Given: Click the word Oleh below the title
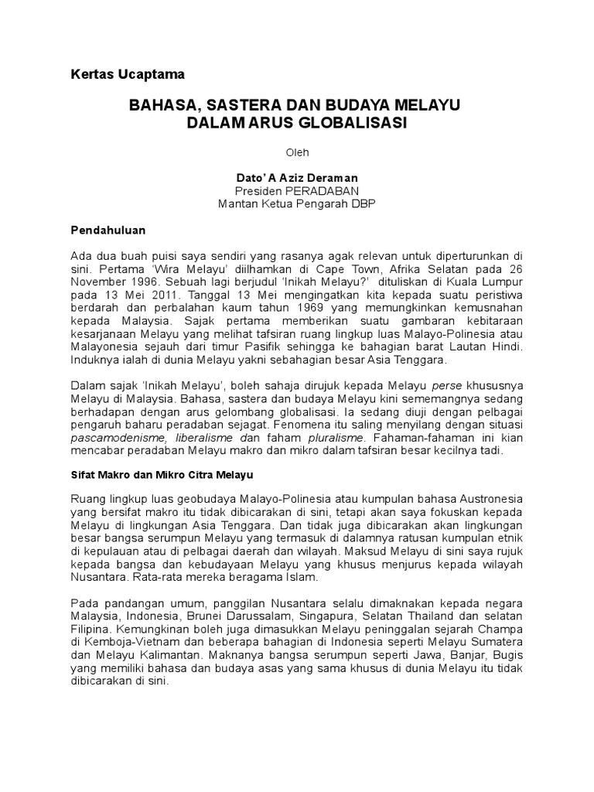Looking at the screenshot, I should click(x=298, y=153).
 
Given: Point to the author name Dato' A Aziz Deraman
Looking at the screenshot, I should click(x=297, y=178).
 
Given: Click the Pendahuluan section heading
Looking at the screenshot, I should click(x=108, y=230).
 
